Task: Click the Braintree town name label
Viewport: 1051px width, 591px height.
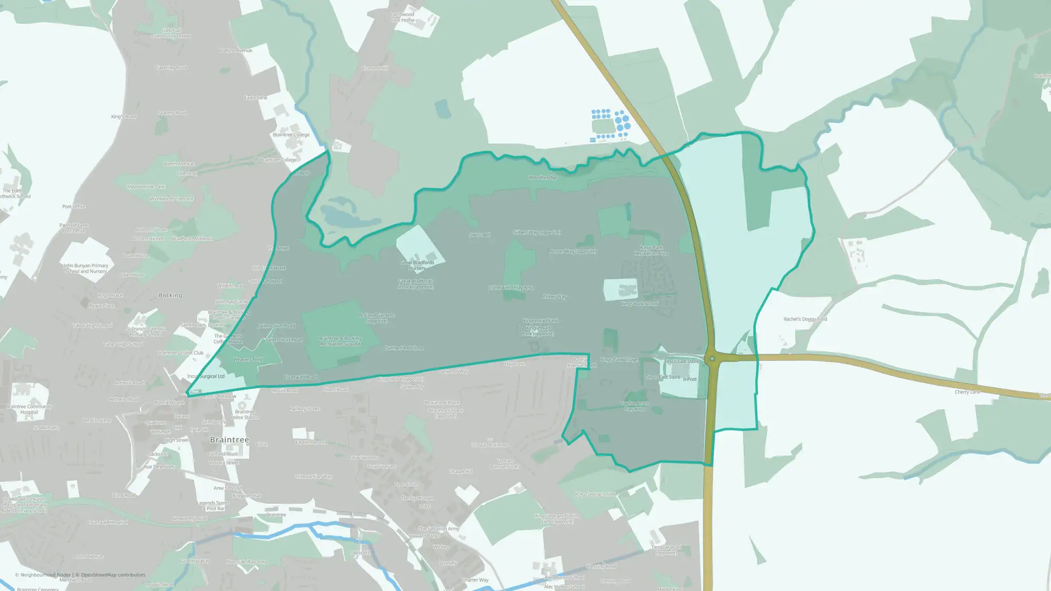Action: point(230,440)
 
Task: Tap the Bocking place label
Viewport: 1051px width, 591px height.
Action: point(170,295)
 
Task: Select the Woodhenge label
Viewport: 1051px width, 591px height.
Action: point(543,178)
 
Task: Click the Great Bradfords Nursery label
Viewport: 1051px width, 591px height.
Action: point(417,265)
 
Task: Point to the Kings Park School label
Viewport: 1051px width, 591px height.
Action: point(640,304)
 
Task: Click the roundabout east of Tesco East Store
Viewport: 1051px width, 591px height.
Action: point(712,359)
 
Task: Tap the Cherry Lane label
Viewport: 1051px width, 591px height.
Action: point(967,392)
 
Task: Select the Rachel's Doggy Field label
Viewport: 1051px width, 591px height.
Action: point(805,319)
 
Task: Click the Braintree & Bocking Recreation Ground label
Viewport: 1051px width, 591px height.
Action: point(340,341)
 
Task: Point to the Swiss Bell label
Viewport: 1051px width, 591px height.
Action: point(479,235)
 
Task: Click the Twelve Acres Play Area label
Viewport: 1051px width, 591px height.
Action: point(634,406)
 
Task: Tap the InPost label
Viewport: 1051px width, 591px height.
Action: point(690,379)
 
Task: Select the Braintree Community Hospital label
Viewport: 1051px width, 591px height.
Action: point(29,409)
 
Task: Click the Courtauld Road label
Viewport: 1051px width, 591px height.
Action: point(300,377)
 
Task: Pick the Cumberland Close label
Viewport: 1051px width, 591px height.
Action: point(404,348)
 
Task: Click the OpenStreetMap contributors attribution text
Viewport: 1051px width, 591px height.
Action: point(113,575)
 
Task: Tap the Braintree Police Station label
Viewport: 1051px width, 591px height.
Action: point(245,414)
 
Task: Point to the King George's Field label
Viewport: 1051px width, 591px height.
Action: point(595,494)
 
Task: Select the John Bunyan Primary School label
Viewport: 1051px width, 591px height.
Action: point(86,268)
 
